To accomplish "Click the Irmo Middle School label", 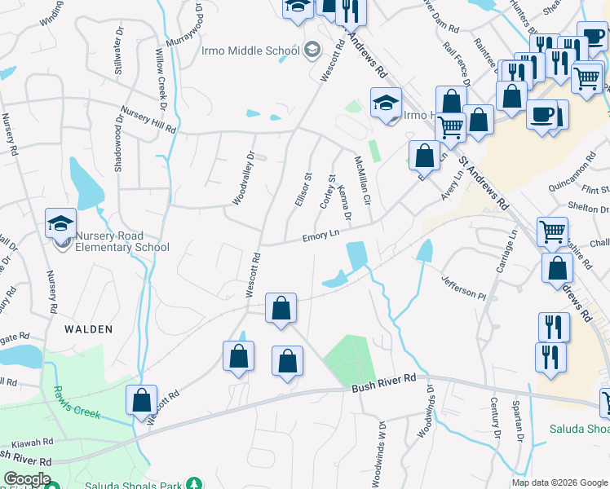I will pos(251,51).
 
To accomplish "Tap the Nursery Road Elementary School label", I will pos(122,241).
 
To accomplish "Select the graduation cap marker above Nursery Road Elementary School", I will pos(61,223).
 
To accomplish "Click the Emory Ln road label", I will pos(320,236).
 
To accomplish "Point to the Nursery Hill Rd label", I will pos(148,118).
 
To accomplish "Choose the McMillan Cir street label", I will pos(361,181).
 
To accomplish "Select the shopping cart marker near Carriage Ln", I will pos(552,231).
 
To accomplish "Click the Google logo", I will pos(27,479).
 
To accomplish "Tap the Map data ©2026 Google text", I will pos(559,482).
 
